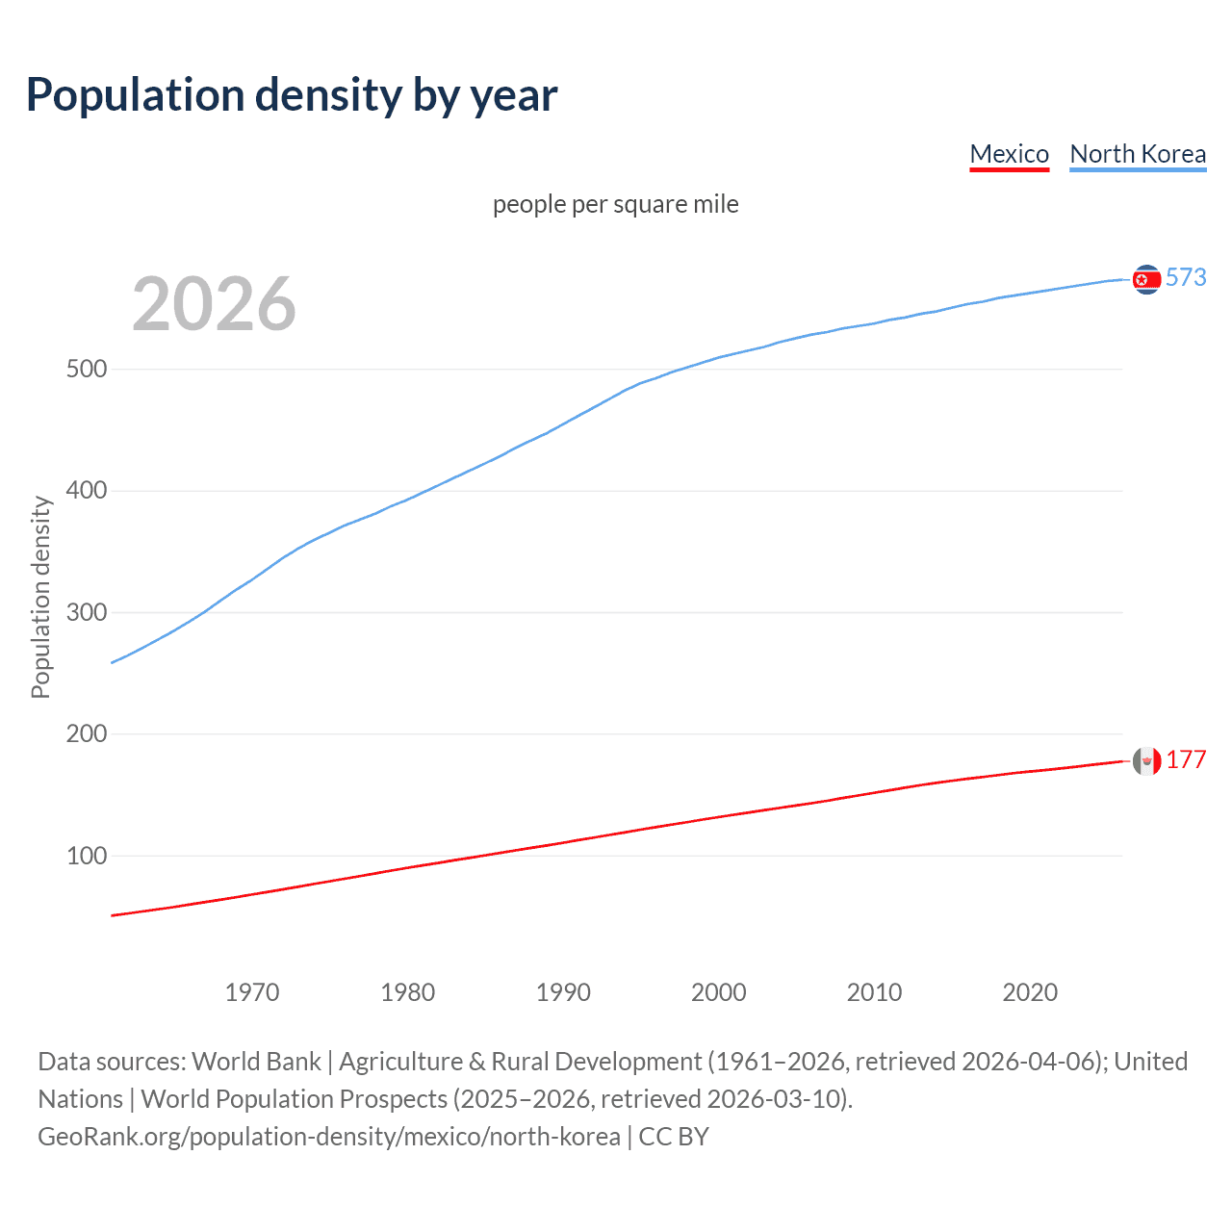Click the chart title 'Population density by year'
tap(292, 95)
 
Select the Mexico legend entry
tap(1009, 154)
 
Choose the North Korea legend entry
tap(1138, 154)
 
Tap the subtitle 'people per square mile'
tap(615, 204)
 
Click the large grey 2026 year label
tap(214, 304)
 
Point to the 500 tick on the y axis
tap(87, 370)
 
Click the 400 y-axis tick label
tap(87, 491)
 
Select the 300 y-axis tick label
tap(87, 612)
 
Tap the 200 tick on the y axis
tap(87, 734)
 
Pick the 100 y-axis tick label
tap(87, 856)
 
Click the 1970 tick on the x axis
tap(252, 992)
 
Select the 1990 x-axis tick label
tap(563, 992)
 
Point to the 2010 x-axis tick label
tap(874, 992)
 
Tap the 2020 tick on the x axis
tap(1030, 992)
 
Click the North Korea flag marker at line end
tap(1146, 279)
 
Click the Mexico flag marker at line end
tap(1146, 761)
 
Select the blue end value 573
tap(1186, 277)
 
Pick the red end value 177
tap(1186, 760)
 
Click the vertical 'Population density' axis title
tap(40, 597)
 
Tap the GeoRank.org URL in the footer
tap(329, 1137)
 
